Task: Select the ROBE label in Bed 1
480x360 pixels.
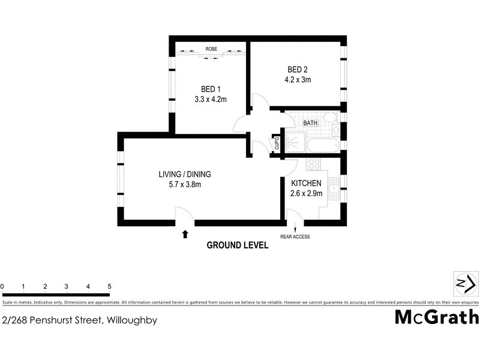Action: (x=211, y=49)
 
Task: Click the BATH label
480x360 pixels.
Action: (x=310, y=123)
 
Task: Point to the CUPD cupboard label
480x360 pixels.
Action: (x=277, y=143)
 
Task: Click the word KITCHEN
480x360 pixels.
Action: (x=307, y=183)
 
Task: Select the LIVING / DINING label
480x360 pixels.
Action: (x=185, y=175)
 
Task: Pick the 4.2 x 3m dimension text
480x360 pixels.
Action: (x=298, y=79)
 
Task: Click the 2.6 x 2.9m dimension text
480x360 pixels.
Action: (x=307, y=193)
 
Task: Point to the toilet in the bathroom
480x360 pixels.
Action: (x=329, y=118)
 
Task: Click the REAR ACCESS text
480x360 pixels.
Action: (x=295, y=237)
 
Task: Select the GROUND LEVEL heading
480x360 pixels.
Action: (x=237, y=245)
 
